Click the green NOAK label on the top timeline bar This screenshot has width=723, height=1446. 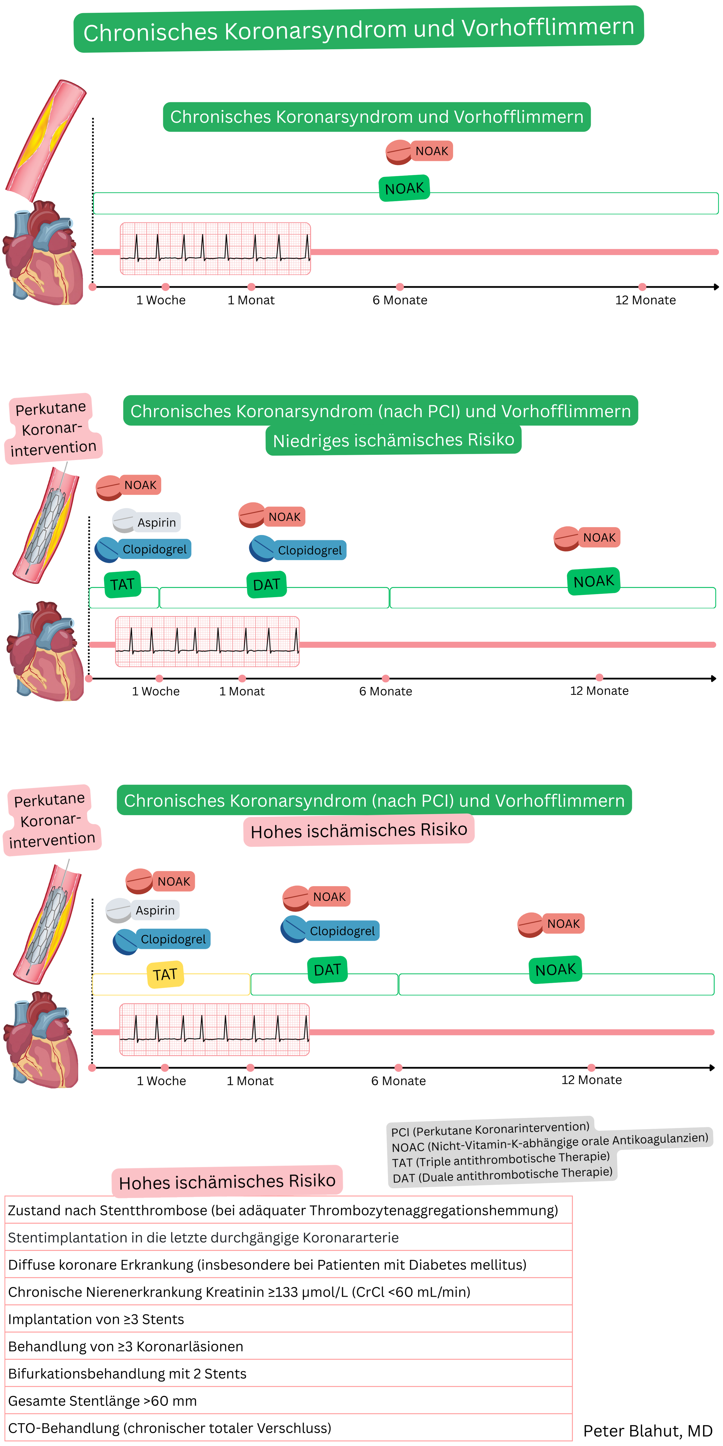(x=404, y=188)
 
